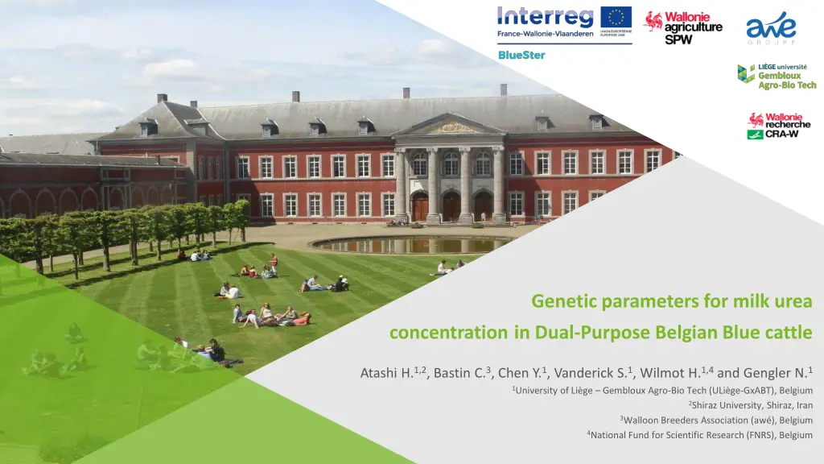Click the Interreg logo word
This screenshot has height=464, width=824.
[x=545, y=17]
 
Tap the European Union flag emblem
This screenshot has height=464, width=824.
[x=616, y=18]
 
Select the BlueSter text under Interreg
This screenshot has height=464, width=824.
[x=521, y=55]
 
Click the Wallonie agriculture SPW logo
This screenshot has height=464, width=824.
[x=683, y=28]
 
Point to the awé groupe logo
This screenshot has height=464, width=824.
[x=771, y=28]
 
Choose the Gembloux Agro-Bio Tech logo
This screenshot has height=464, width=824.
[x=777, y=77]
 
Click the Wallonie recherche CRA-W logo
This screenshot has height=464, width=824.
[x=779, y=126]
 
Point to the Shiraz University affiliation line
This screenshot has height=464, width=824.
[x=751, y=405]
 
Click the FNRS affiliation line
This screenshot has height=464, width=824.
[x=700, y=435]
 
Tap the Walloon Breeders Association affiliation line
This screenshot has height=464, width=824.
[x=716, y=420]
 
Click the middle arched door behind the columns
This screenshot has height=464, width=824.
[x=451, y=206]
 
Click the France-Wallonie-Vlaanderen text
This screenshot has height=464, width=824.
[x=546, y=34]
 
